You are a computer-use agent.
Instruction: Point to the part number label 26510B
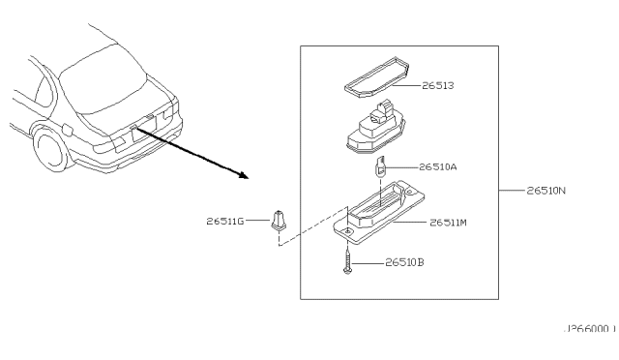(x=404, y=260)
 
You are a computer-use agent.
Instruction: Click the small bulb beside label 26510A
(x=382, y=167)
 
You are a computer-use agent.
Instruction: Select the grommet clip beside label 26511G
(x=279, y=222)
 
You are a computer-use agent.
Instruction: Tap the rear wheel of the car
(x=47, y=150)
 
